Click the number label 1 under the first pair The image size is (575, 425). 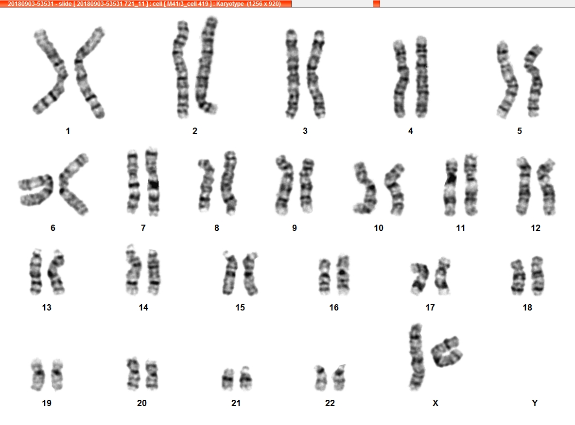point(68,131)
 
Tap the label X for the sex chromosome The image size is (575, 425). point(436,403)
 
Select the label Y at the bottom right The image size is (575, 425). point(535,403)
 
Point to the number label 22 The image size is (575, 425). point(330,403)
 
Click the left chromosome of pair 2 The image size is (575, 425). point(181,69)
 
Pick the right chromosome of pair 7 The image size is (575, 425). point(153,182)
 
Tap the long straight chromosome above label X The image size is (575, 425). point(416,357)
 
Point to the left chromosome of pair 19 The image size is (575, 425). point(38,375)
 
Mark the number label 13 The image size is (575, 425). point(47,308)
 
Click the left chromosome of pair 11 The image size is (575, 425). point(451,187)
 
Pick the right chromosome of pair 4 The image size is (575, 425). point(422,77)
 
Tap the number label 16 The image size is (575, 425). point(334,308)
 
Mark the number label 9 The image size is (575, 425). point(295,228)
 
